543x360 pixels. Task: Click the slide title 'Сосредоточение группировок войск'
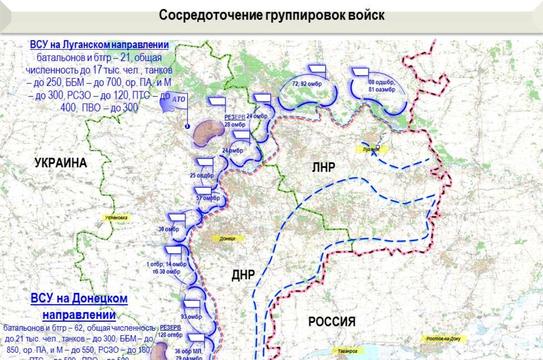pyautogui.click(x=271, y=15)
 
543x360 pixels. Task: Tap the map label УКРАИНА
pyautogui.click(x=61, y=163)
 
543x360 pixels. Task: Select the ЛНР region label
pyautogui.click(x=324, y=167)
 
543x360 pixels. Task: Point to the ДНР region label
pyautogui.click(x=243, y=275)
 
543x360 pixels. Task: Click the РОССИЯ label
pyautogui.click(x=331, y=321)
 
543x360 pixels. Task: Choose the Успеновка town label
pyautogui.click(x=116, y=218)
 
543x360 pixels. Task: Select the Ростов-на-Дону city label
pyautogui.click(x=443, y=338)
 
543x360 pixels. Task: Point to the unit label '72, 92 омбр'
pyautogui.click(x=307, y=84)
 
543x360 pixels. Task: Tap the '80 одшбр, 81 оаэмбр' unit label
pyautogui.click(x=382, y=86)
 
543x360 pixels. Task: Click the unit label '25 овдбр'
pyautogui.click(x=202, y=176)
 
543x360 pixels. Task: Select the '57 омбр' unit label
pyautogui.click(x=208, y=198)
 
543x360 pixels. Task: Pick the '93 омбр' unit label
pyautogui.click(x=191, y=317)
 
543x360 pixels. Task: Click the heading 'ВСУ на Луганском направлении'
pyautogui.click(x=100, y=45)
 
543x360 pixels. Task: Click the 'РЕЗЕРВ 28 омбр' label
pyautogui.click(x=235, y=121)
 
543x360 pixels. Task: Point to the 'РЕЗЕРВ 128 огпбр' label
pyautogui.click(x=171, y=331)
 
